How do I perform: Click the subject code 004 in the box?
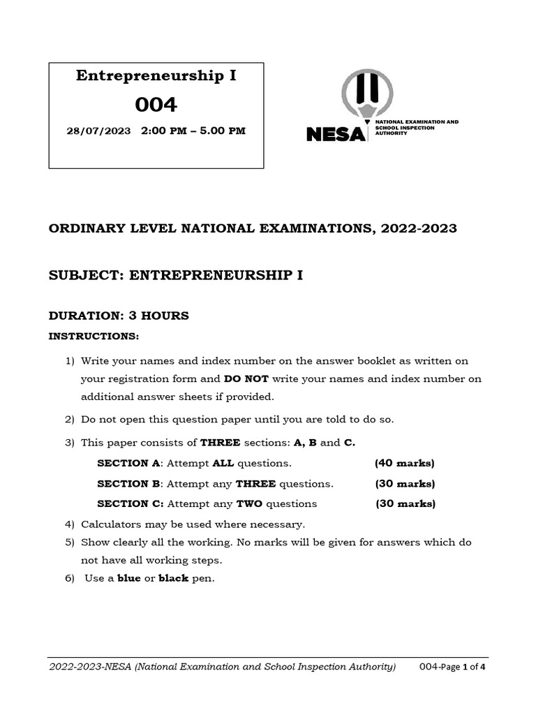point(156,104)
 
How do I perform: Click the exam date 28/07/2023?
point(98,131)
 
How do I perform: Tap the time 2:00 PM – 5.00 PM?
point(193,131)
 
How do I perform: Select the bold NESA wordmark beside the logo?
point(336,133)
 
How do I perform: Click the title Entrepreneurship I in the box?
point(156,76)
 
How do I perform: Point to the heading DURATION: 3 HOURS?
point(119,316)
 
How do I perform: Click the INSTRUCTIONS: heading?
point(94,337)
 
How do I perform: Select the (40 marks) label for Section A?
point(404,464)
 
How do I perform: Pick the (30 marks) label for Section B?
point(404,484)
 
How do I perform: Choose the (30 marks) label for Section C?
point(405,503)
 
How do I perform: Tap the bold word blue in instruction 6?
point(129,579)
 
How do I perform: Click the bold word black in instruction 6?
point(173,579)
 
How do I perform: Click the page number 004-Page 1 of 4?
point(452,667)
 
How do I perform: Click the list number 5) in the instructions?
point(69,542)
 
